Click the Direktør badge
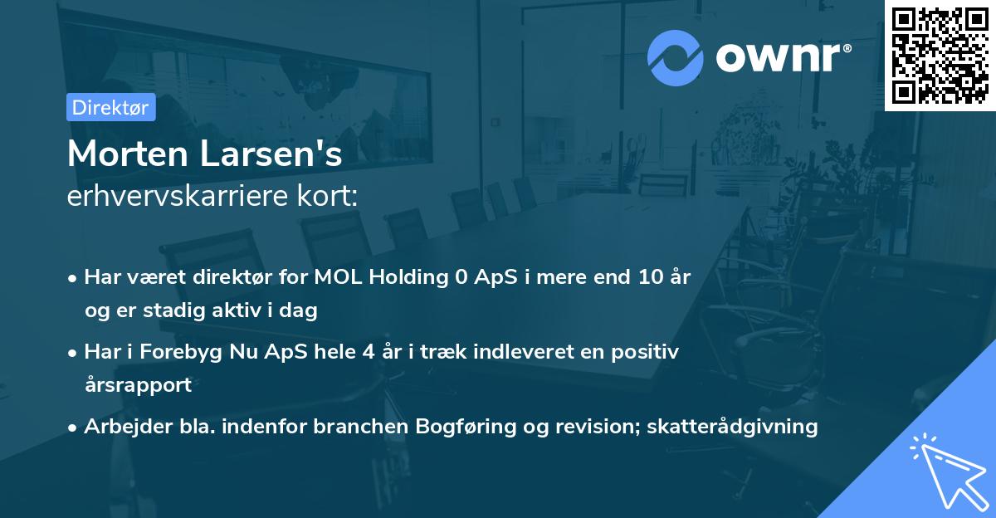coord(110,107)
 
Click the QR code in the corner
coord(940,55)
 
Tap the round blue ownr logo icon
coord(676,57)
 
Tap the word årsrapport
coord(138,385)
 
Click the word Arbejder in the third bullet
coord(120,427)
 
